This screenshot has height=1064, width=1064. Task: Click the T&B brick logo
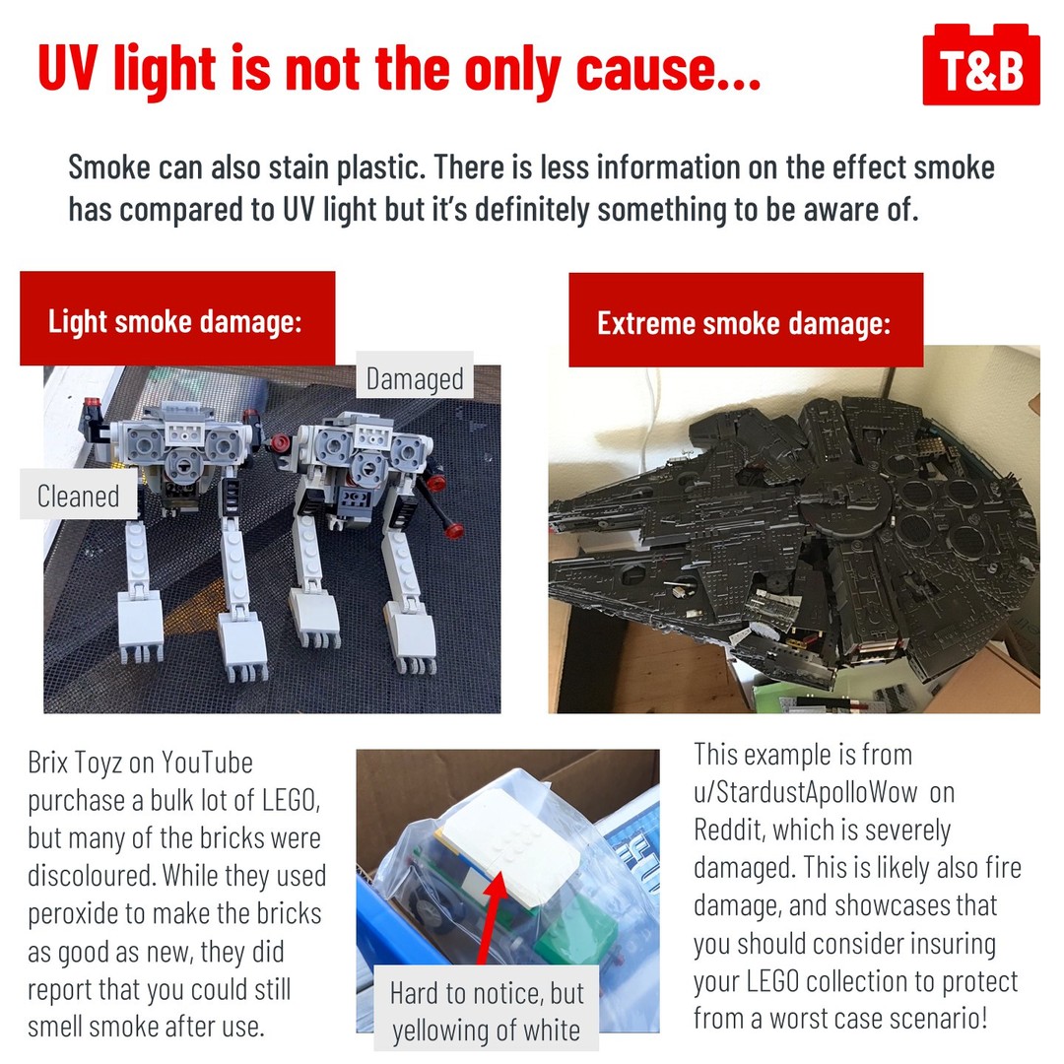click(981, 64)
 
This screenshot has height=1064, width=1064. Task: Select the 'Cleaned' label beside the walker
click(78, 495)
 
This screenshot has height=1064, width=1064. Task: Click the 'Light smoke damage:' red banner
click(177, 319)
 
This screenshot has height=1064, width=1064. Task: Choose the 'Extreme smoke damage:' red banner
click(746, 320)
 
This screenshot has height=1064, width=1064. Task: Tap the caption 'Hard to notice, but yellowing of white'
click(487, 1011)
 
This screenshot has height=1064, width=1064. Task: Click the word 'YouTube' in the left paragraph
click(207, 763)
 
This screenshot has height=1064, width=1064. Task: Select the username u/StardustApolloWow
click(806, 792)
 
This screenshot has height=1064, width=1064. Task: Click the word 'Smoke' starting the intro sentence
click(109, 166)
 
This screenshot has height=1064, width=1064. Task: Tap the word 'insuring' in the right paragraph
click(953, 944)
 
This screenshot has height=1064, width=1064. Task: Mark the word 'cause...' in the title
click(668, 69)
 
